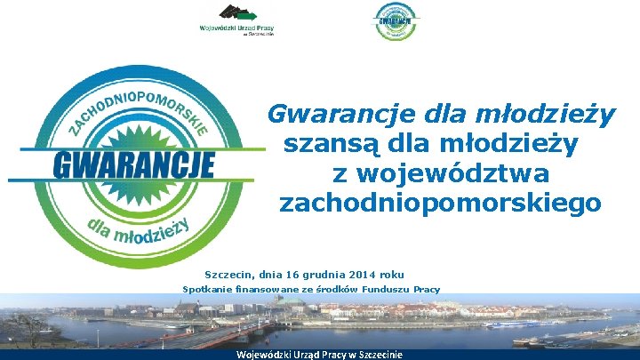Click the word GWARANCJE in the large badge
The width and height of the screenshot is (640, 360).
point(134,165)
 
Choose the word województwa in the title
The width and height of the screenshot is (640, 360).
point(453,172)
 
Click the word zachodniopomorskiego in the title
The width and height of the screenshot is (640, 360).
point(440,204)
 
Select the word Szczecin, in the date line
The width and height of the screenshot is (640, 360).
point(230,275)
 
